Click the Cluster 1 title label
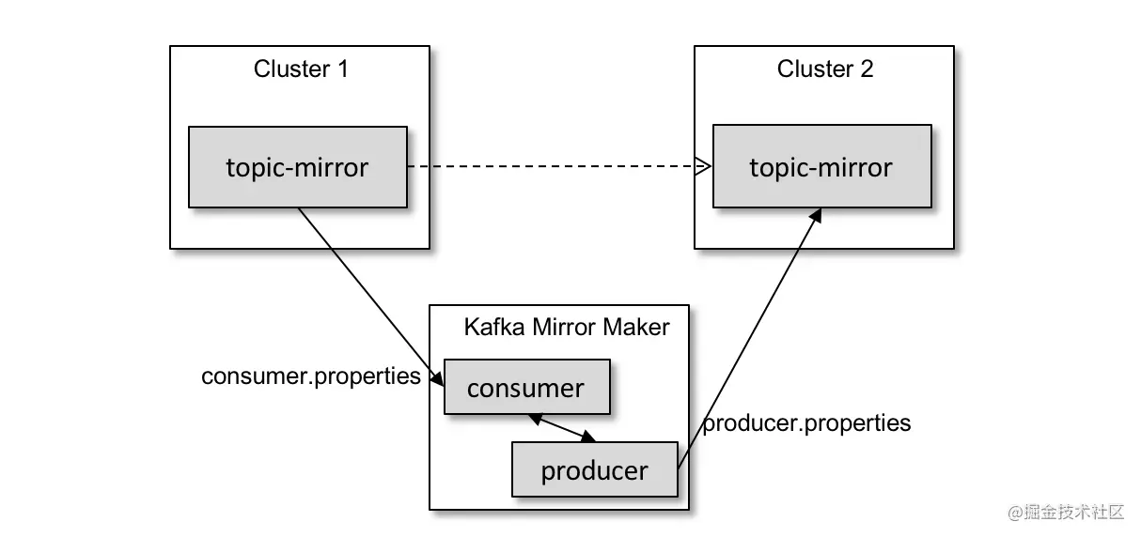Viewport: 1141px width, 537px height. pos(301,69)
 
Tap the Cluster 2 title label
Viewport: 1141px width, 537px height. pos(824,69)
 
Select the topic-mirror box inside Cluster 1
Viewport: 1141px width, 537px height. pos(297,167)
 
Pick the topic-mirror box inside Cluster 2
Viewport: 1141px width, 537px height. pos(821,167)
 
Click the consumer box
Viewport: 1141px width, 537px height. pos(525,388)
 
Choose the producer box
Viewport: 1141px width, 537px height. pos(594,469)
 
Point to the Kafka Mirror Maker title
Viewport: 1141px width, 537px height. pos(567,327)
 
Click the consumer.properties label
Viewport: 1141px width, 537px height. pos(310,376)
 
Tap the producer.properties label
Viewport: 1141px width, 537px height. pos(807,423)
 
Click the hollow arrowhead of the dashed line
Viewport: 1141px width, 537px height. pos(703,167)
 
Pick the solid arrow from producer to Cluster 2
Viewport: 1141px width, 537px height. pos(747,338)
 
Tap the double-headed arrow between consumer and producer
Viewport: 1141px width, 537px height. pos(562,427)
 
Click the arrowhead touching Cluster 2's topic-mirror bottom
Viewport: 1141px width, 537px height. pos(815,216)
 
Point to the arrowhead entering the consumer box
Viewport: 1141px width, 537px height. pos(438,377)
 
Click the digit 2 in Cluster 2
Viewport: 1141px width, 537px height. pos(866,69)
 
